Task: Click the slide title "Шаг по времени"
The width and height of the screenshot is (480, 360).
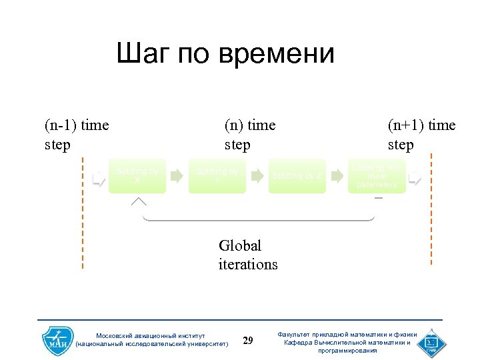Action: (225, 53)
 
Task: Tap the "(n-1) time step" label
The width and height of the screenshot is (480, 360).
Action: (77, 135)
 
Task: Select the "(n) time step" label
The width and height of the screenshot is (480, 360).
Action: (250, 135)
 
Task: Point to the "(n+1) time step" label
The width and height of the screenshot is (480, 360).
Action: (421, 135)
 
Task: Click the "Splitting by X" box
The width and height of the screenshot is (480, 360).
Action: (137, 176)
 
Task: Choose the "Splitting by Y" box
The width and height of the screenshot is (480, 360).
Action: (217, 176)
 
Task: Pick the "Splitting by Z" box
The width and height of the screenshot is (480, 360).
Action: (297, 176)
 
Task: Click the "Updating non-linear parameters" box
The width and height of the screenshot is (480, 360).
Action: (377, 176)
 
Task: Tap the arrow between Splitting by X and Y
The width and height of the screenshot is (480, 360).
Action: (177, 176)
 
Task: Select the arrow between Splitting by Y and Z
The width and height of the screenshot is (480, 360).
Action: (257, 176)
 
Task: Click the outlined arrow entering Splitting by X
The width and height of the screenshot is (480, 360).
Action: (99, 177)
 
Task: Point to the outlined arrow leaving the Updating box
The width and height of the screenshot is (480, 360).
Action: (415, 177)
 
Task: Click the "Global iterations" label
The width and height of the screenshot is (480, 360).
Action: (247, 255)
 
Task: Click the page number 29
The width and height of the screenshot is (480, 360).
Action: (248, 341)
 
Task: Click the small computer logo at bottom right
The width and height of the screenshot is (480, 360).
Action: (433, 342)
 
